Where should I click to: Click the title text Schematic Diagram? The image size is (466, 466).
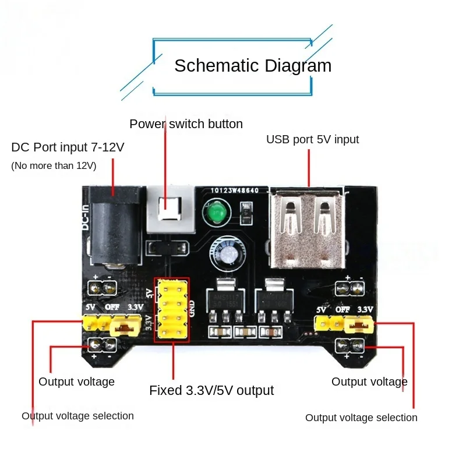[253, 65]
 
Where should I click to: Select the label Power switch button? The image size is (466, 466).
[186, 124]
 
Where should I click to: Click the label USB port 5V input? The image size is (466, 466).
[312, 140]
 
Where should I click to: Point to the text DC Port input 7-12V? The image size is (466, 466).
[68, 147]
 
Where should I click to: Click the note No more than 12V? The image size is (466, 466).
[54, 166]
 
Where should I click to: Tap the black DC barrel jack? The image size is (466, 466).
[114, 227]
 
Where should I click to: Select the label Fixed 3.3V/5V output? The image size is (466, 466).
[211, 390]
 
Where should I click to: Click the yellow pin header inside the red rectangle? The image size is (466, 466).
[171, 309]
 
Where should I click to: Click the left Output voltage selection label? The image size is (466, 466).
[77, 416]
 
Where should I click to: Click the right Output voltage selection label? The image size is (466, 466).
[361, 418]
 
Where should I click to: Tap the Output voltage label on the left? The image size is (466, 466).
[76, 382]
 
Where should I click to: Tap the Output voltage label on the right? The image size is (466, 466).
[369, 382]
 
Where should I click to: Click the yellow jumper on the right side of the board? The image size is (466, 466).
[358, 324]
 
